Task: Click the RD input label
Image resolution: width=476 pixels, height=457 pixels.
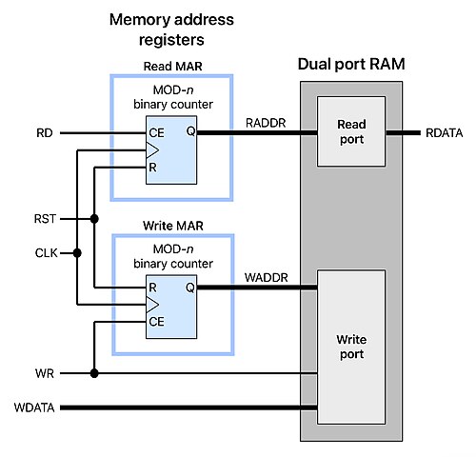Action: point(45,133)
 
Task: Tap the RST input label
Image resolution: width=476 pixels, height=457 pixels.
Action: point(45,219)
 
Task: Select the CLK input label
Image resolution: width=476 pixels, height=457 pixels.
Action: point(47,253)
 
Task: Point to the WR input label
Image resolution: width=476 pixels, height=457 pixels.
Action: point(45,373)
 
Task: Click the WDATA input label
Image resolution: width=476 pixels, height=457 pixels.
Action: point(34,407)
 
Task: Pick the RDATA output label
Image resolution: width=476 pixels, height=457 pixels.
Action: point(444,133)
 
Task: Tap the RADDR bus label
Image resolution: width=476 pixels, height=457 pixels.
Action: point(266,123)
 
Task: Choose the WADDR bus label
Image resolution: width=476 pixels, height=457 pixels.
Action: point(267,278)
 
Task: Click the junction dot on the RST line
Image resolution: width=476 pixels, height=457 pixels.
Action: point(94,219)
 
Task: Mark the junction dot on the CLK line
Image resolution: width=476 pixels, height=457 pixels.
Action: point(77,253)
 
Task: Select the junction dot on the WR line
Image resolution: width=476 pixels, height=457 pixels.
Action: point(94,373)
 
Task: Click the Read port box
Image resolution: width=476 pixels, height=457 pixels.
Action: point(351,131)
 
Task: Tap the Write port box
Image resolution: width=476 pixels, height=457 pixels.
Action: point(351,347)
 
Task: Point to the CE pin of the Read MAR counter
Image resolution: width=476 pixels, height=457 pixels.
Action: point(156,133)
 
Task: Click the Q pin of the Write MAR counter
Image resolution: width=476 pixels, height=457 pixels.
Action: point(190,288)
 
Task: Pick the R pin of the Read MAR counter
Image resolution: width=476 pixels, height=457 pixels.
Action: point(152,168)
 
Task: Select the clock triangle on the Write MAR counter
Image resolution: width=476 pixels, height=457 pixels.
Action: point(152,305)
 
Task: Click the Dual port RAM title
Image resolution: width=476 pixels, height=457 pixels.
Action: point(351,64)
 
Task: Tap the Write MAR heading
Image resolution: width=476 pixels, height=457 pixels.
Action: point(173,226)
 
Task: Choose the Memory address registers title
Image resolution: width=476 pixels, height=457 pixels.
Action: point(171,30)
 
